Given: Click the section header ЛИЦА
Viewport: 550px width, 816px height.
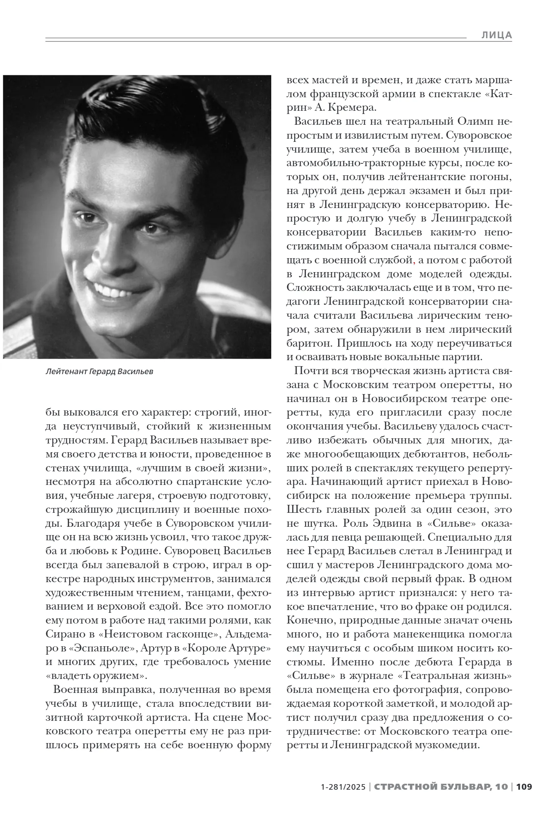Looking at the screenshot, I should (x=496, y=35).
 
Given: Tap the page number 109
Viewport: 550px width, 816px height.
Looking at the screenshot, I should (x=524, y=787).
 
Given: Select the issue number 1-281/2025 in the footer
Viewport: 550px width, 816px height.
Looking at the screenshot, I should (x=343, y=787).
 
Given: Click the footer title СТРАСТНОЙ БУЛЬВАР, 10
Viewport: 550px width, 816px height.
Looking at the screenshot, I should (x=441, y=787).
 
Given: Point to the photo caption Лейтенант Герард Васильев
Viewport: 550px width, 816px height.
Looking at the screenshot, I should (x=99, y=372).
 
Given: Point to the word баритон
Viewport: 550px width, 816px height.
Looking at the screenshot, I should (x=309, y=343).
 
